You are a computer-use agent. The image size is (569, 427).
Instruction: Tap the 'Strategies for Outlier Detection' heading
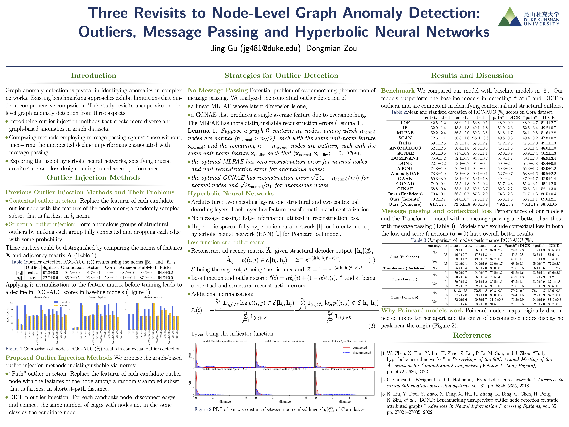point(281,75)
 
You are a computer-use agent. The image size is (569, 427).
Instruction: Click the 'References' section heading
point(472,335)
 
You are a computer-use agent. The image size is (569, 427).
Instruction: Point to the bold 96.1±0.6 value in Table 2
point(480,138)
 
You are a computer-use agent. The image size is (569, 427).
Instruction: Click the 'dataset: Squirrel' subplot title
point(98,297)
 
